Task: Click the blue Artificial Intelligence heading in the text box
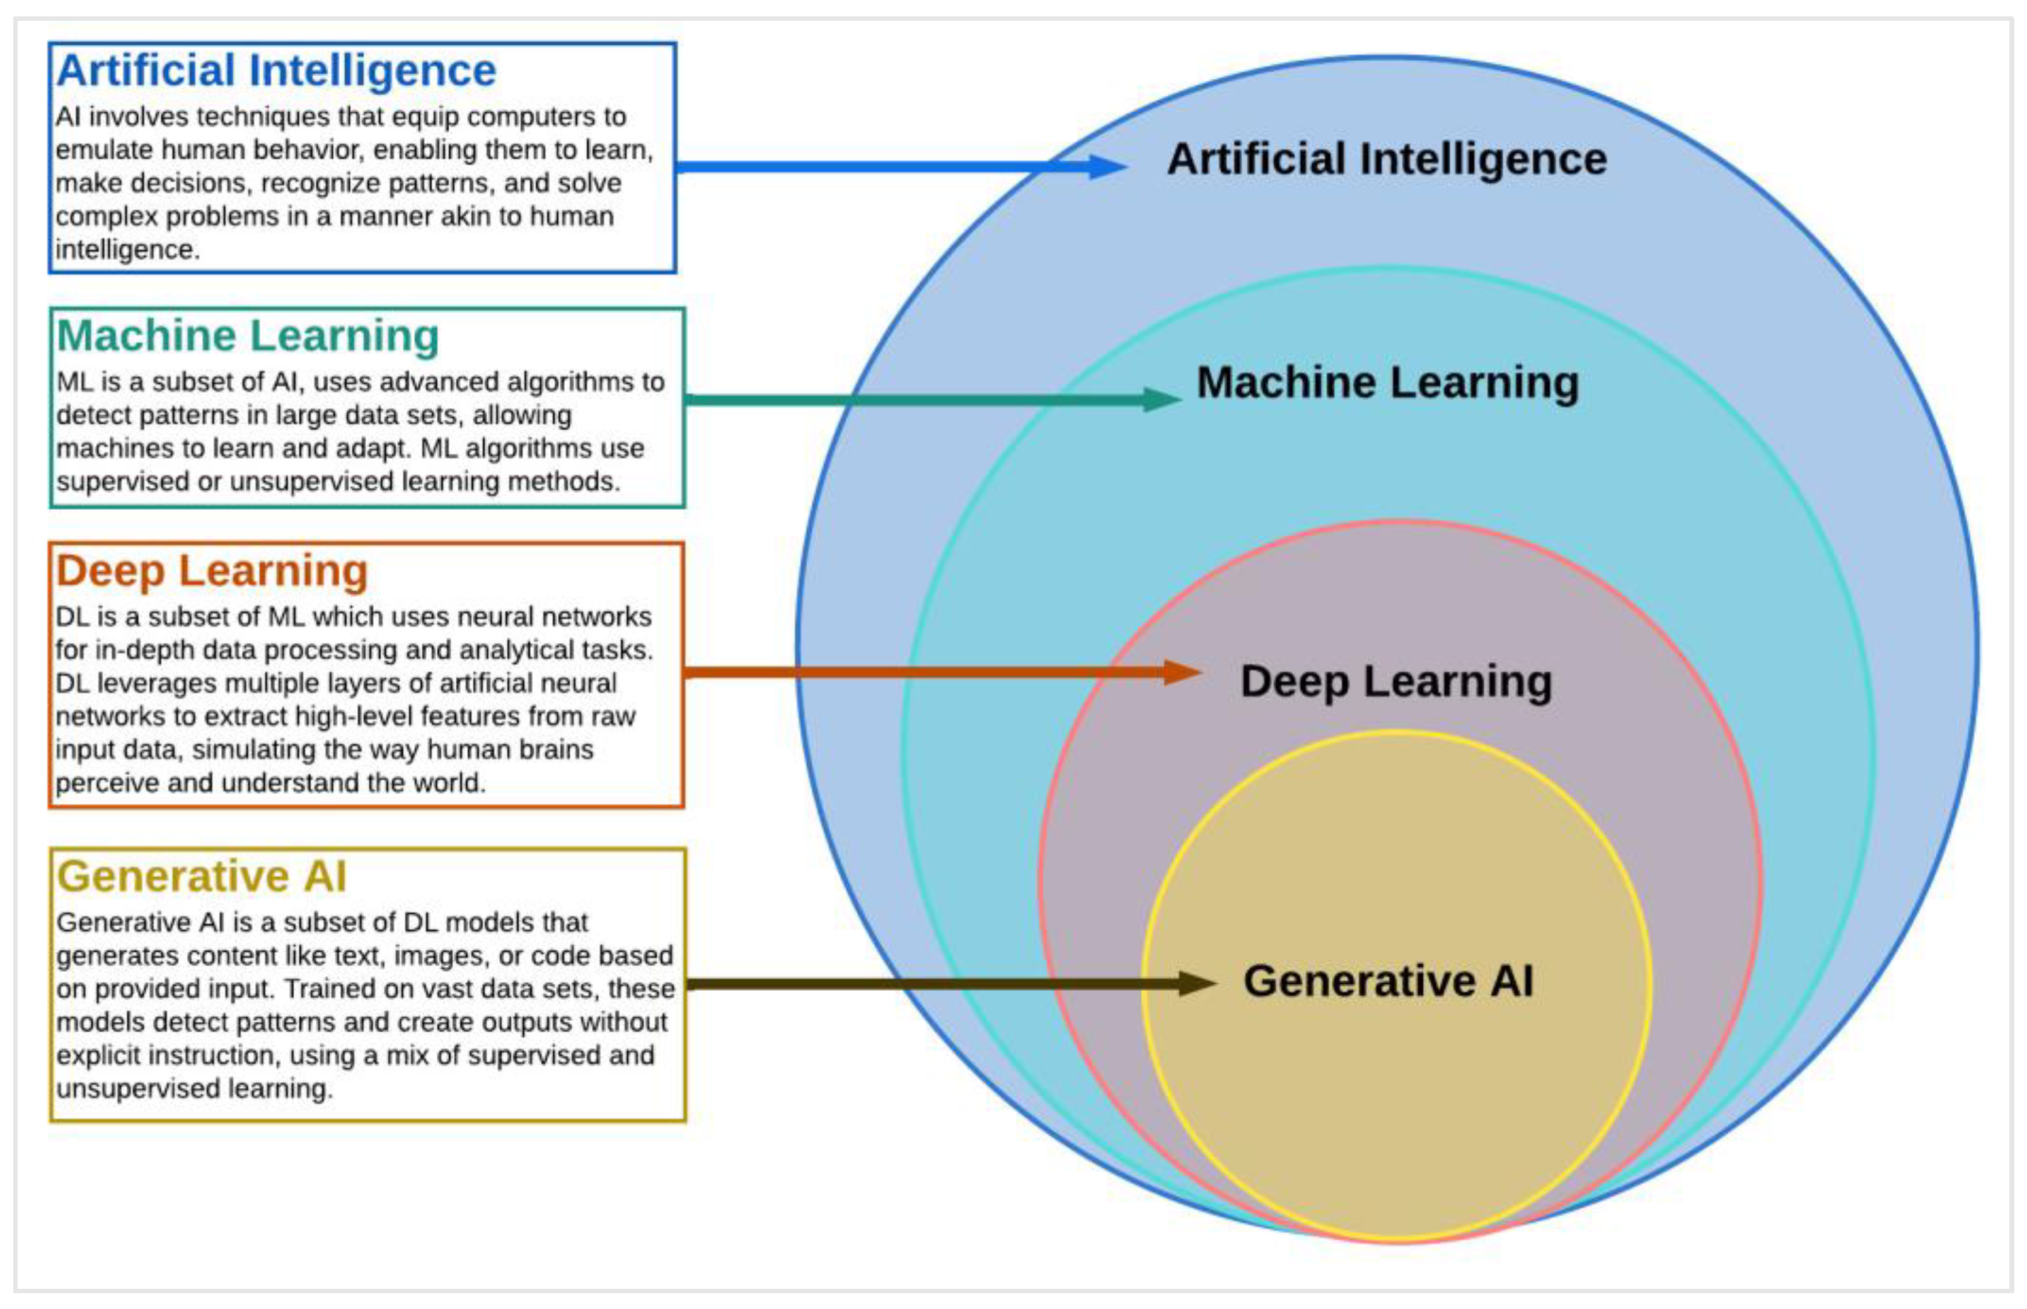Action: (276, 71)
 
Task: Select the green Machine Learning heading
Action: (247, 336)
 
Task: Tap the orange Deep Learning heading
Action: (212, 570)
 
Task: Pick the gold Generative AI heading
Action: (202, 877)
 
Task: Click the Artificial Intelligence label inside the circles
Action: (1387, 160)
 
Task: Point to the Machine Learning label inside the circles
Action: (1388, 383)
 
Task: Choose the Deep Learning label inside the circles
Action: (1395, 682)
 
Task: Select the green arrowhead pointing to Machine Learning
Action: (1161, 399)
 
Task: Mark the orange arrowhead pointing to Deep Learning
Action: (1181, 672)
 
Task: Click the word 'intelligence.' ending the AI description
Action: (127, 250)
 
